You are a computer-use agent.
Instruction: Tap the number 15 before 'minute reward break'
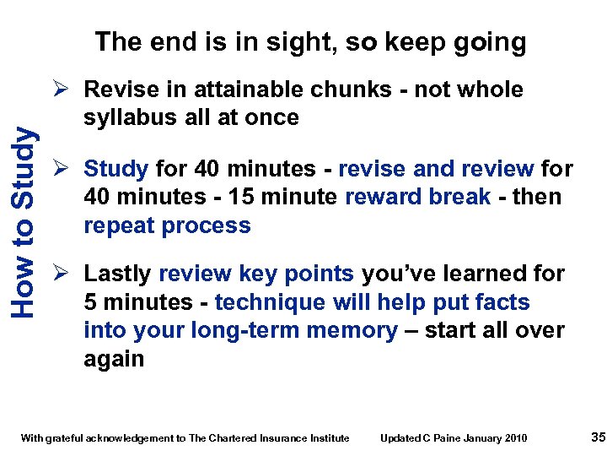tap(232, 197)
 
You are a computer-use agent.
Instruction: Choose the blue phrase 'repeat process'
tap(167, 225)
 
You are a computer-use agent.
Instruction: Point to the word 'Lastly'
tap(118, 274)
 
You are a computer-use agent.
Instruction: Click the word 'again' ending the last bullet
tap(114, 359)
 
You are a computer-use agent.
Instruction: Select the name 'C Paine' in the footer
tap(442, 437)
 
